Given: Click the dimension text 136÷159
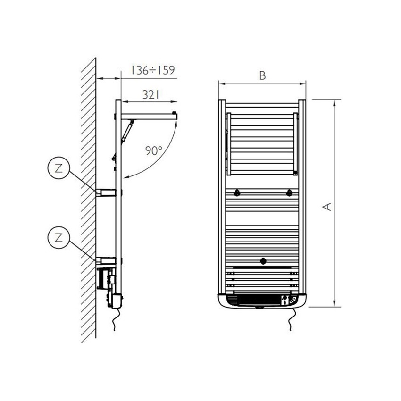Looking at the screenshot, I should click(x=153, y=70).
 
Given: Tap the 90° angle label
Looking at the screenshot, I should click(x=153, y=151).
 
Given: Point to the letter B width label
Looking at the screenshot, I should click(x=262, y=75).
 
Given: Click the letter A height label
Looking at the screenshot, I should click(x=326, y=206).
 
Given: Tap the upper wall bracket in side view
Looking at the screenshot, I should click(x=106, y=192).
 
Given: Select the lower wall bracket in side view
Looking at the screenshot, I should click(x=106, y=260).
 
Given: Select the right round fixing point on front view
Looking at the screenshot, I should click(x=289, y=192).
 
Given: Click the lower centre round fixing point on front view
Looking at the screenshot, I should click(x=263, y=260).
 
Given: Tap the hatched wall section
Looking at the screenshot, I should click(x=88, y=198).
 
